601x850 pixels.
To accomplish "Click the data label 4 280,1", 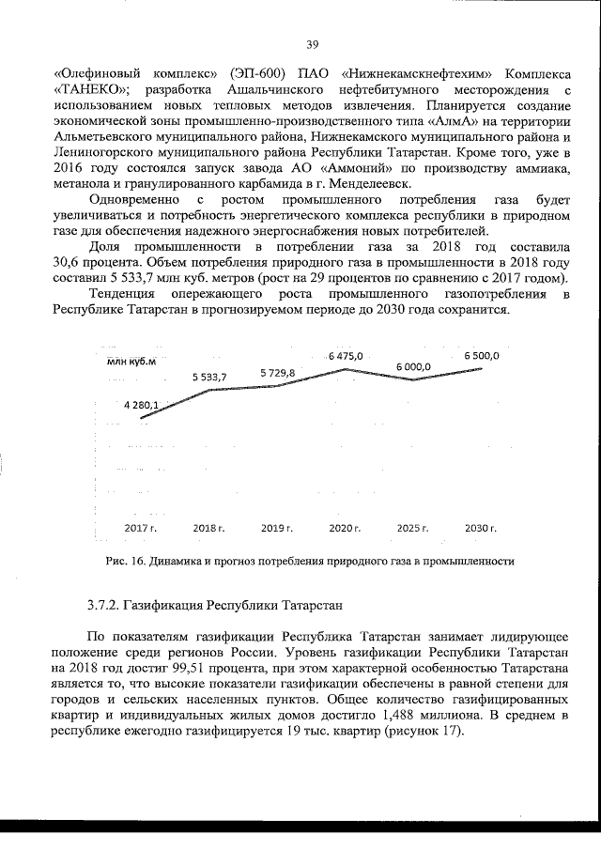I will pos(141,406).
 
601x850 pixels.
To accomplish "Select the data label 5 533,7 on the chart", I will pos(209,377).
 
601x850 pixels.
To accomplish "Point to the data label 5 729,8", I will pos(278,374).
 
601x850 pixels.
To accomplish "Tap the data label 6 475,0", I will pos(345,357).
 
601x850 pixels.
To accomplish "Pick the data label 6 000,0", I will pos(413,367).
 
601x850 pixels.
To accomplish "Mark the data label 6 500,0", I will pos(481,357).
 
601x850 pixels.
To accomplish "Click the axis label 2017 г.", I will pos(141,530).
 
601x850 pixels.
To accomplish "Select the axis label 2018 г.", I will pos(208,530).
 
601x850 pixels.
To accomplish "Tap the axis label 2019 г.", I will pos(277,530).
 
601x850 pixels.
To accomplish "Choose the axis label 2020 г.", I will pos(345,530).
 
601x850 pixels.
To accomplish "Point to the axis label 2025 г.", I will pos(412,530).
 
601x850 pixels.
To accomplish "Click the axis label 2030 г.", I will pos(481,530).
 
